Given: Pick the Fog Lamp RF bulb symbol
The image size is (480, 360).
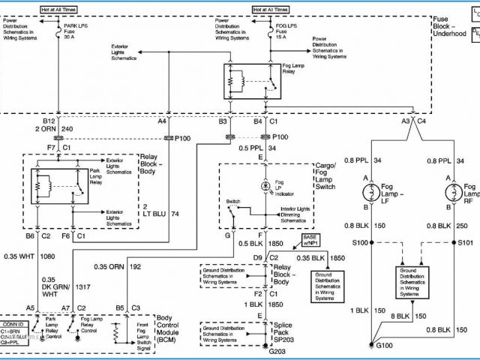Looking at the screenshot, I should pos(451,192).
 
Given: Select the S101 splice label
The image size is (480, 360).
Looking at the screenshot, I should pos(466,243).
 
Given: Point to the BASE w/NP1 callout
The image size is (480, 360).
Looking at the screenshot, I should pos(310,241).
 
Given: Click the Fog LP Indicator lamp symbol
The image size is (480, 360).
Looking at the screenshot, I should pos(264,185).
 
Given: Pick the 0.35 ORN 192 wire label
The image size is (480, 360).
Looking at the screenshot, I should pos(118,266).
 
